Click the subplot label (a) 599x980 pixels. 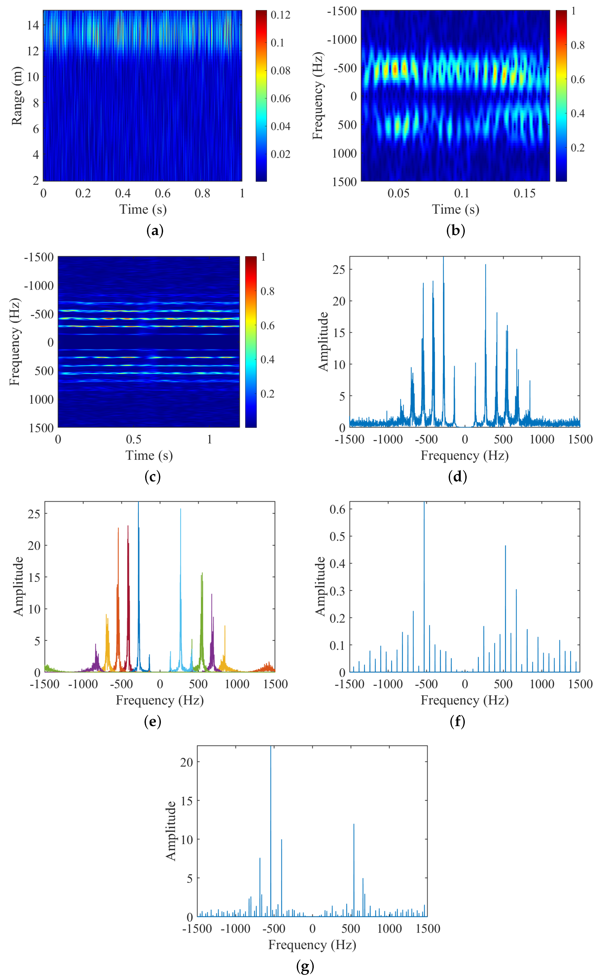click(155, 231)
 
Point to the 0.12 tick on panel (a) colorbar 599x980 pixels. click(280, 15)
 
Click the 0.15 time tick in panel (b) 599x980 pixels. click(524, 193)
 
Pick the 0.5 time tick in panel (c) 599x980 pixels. click(134, 440)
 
